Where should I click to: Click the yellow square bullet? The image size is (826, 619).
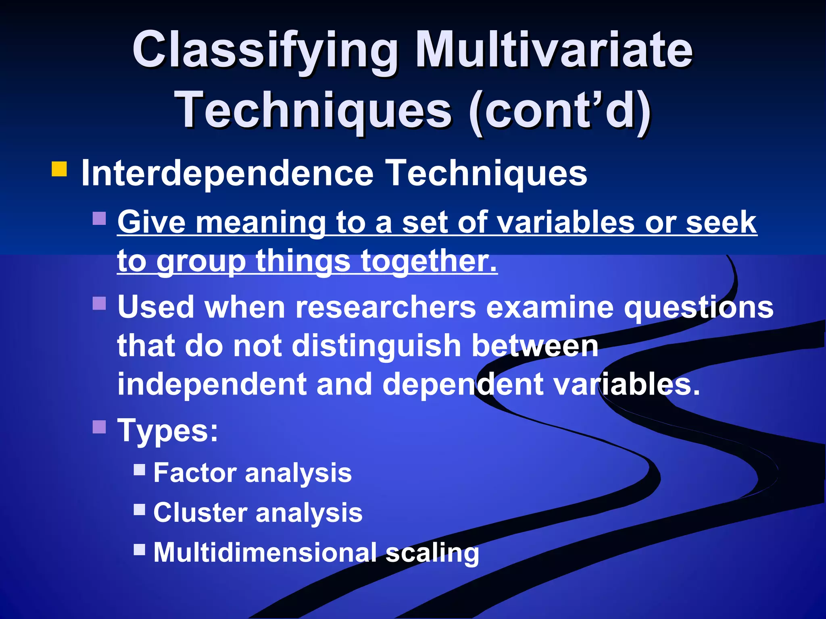coord(59,169)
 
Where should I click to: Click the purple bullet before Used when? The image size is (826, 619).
coord(99,303)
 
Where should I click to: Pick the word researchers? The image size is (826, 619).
coord(386,307)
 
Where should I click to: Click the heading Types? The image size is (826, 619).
coord(168,430)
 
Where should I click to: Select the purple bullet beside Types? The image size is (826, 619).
coord(99,426)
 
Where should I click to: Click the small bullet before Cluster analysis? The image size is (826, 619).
coord(140,509)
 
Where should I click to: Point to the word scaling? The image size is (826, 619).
coord(432,553)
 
